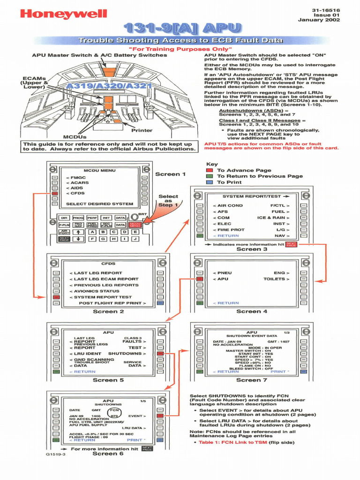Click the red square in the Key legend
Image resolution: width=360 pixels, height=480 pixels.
coord(210,171)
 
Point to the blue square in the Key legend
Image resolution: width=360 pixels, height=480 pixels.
coord(210,182)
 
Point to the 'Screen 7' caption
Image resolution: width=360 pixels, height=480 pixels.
coord(252,380)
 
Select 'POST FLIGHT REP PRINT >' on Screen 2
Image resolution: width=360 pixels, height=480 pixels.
coord(112,303)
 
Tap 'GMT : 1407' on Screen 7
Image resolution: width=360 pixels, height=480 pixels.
coord(278,342)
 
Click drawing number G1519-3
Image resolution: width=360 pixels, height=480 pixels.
coord(56,454)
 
